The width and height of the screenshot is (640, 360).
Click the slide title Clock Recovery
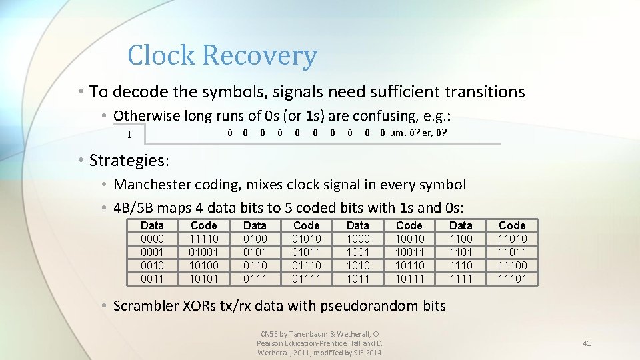pyautogui.click(x=222, y=55)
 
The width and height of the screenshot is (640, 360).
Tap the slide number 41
pyautogui.click(x=587, y=343)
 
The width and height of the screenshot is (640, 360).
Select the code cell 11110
pyautogui.click(x=203, y=239)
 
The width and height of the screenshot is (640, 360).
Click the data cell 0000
pyautogui.click(x=152, y=239)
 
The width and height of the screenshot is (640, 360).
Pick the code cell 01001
pyautogui.click(x=203, y=252)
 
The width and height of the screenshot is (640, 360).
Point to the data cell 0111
pyautogui.click(x=255, y=279)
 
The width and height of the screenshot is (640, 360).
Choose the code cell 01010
pyautogui.click(x=306, y=239)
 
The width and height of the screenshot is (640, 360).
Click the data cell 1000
pyautogui.click(x=357, y=239)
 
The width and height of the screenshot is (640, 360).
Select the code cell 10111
pyautogui.click(x=409, y=279)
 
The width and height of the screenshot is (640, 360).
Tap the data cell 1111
pyautogui.click(x=461, y=279)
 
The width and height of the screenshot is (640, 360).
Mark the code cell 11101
pyautogui.click(x=512, y=279)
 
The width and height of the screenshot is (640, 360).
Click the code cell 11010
pyautogui.click(x=512, y=239)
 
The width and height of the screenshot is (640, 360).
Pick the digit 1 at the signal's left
pyautogui.click(x=129, y=135)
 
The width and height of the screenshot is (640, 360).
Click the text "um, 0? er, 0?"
pyautogui.click(x=418, y=133)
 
